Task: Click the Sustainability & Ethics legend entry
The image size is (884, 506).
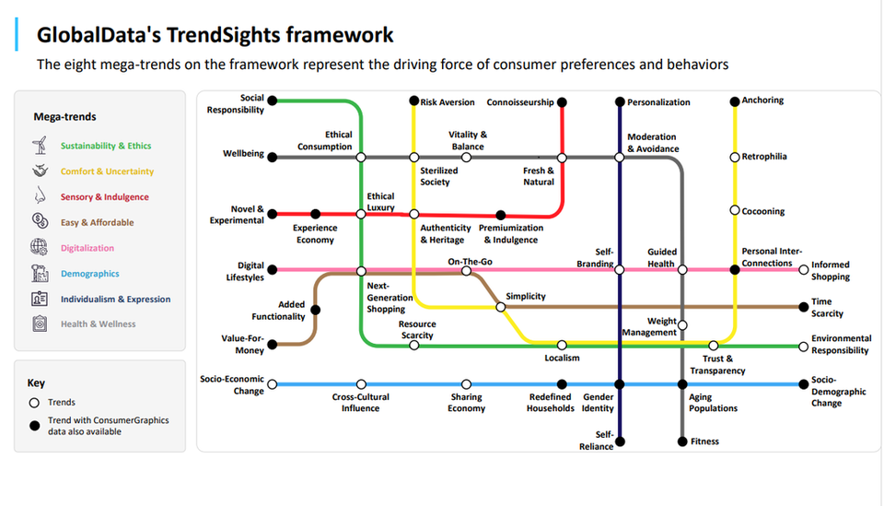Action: point(106,146)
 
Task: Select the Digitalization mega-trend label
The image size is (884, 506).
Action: point(87,248)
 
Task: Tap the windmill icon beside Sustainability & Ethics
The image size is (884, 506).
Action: point(40,145)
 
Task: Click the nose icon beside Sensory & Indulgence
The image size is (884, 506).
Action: point(40,195)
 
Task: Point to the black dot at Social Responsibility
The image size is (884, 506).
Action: point(273,100)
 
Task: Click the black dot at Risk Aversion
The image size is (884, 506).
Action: point(413,101)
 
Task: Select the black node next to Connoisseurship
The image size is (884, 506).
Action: point(562,102)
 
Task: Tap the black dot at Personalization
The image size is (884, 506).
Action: point(620,102)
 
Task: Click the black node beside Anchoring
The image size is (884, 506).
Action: point(735,101)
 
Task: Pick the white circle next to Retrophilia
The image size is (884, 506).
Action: point(735,157)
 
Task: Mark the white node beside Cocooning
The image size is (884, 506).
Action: point(735,210)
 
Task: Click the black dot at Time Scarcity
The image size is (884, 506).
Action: point(803,307)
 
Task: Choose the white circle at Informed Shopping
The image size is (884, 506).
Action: point(803,270)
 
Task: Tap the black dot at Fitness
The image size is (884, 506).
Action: point(682,441)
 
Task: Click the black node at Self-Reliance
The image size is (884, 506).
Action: point(620,441)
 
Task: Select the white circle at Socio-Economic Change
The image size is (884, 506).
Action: point(273,384)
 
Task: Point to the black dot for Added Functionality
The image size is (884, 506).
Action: point(316,310)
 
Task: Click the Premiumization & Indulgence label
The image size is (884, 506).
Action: point(511,233)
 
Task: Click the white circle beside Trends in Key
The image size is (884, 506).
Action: point(34,403)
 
